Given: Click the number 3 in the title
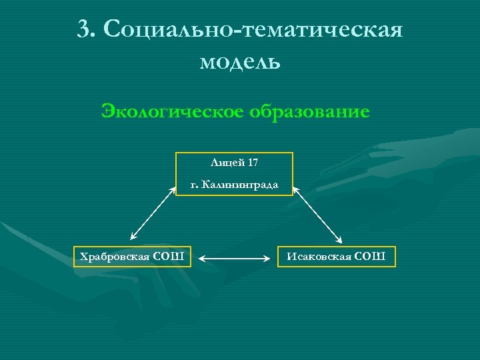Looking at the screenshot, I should (x=83, y=30).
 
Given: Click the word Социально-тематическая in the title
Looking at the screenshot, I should (x=253, y=30).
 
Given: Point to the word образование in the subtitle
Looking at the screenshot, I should (x=309, y=111).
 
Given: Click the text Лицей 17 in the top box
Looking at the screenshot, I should (x=234, y=163).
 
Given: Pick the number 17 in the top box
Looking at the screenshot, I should (x=252, y=163).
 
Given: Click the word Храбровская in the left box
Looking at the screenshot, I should (x=114, y=256).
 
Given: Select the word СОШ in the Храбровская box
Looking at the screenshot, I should (x=171, y=256).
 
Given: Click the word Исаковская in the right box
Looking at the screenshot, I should (x=318, y=256).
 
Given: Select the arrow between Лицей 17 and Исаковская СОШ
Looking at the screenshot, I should (x=317, y=213).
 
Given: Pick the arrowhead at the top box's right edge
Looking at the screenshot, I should (x=296, y=189).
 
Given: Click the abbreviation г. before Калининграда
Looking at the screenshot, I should (x=194, y=184).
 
